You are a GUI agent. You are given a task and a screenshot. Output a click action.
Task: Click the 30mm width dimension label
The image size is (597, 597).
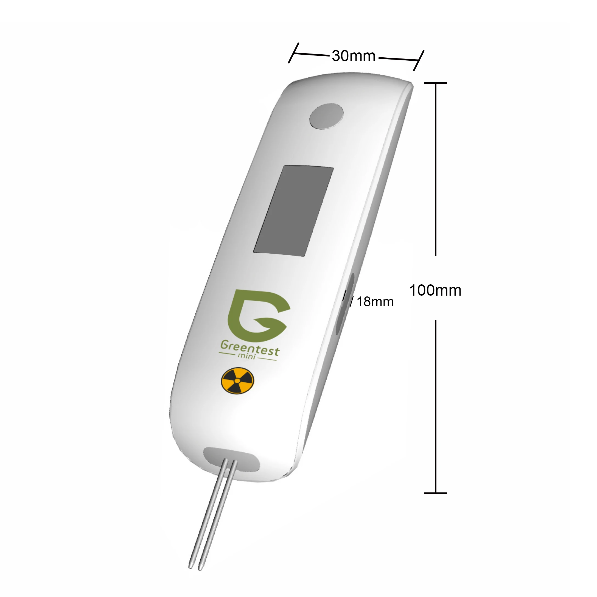pyautogui.click(x=354, y=56)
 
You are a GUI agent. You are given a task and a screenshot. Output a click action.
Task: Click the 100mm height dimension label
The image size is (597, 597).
pyautogui.click(x=435, y=290)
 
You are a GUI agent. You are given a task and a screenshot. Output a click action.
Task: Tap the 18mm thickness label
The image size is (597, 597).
pyautogui.click(x=375, y=302)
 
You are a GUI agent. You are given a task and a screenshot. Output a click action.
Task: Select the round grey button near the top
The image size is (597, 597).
pyautogui.click(x=326, y=116)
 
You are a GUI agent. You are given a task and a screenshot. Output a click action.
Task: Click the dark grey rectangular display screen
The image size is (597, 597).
pyautogui.click(x=293, y=211)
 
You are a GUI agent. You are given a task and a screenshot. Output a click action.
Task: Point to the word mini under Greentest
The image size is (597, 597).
pyautogui.click(x=246, y=356)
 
